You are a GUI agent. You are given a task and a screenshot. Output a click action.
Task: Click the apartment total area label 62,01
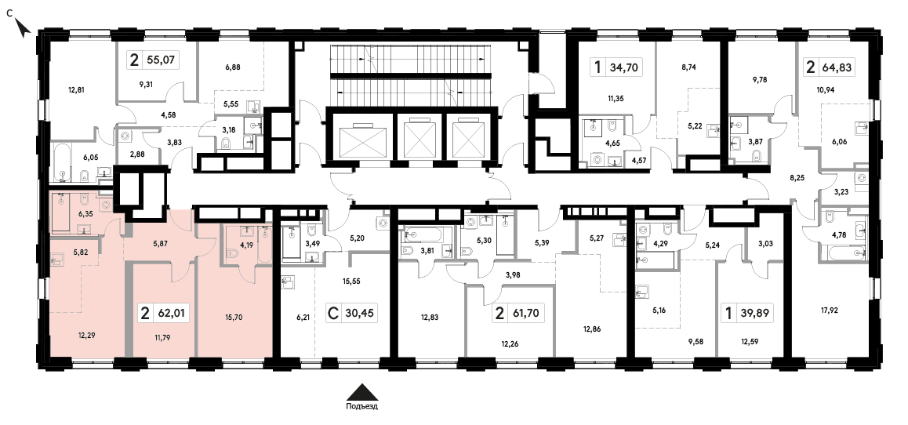coord(171,314)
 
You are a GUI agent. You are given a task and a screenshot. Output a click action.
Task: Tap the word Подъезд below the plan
coord(362,406)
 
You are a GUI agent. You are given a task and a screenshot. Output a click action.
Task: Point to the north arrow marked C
coord(22,25)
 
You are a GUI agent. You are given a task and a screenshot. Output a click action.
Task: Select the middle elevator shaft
coord(419,138)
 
